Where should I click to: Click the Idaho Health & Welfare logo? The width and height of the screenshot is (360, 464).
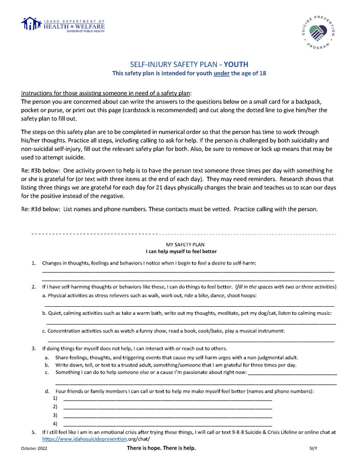pyautogui.click(x=63, y=25)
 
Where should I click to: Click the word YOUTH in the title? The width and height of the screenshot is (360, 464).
pyautogui.click(x=236, y=64)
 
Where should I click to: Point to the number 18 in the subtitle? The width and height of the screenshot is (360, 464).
pyautogui.click(x=262, y=73)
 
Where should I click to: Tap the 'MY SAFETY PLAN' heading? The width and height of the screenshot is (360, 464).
pyautogui.click(x=185, y=244)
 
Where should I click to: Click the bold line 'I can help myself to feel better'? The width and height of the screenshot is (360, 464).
pyautogui.click(x=181, y=251)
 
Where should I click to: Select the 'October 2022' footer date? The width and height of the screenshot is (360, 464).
pyautogui.click(x=34, y=448)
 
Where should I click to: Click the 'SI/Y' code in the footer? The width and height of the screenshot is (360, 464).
pyautogui.click(x=308, y=448)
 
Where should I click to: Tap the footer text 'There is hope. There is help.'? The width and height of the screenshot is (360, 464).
pyautogui.click(x=161, y=448)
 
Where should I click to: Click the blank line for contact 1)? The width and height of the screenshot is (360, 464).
pyautogui.click(x=168, y=400)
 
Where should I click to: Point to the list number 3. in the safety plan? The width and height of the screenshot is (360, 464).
pyautogui.click(x=34, y=348)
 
